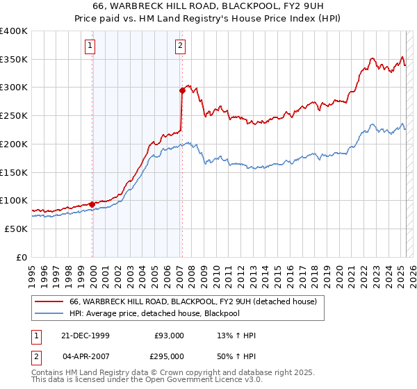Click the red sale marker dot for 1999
point(92,204)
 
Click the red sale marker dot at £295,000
point(181,90)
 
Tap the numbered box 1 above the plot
point(92,47)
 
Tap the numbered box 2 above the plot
point(181,47)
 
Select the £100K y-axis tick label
point(14,201)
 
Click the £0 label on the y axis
point(22,257)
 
